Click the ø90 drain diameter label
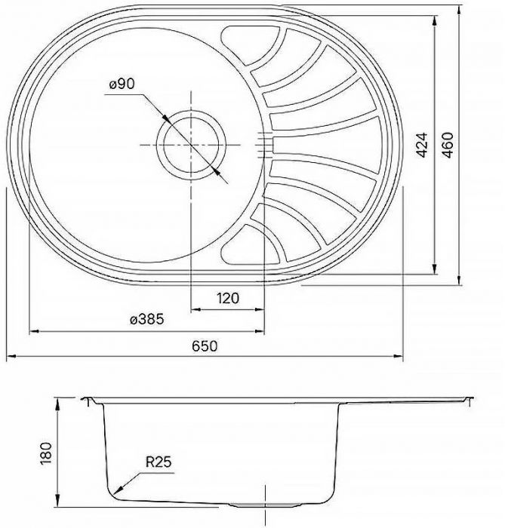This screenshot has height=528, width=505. [x=121, y=85]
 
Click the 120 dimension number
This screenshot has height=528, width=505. [x=227, y=299]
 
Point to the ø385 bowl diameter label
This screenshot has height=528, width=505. [x=146, y=320]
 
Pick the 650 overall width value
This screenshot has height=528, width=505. [x=204, y=346]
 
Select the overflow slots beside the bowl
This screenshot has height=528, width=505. [x=265, y=143]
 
